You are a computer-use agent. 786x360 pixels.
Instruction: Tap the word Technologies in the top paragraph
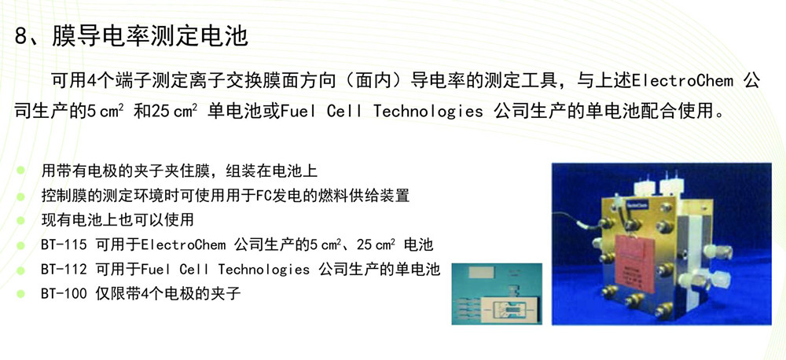pyautogui.click(x=428, y=112)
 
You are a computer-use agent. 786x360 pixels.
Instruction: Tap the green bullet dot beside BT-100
pyautogui.click(x=20, y=294)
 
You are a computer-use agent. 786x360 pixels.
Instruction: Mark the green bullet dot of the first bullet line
pyautogui.click(x=20, y=171)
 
